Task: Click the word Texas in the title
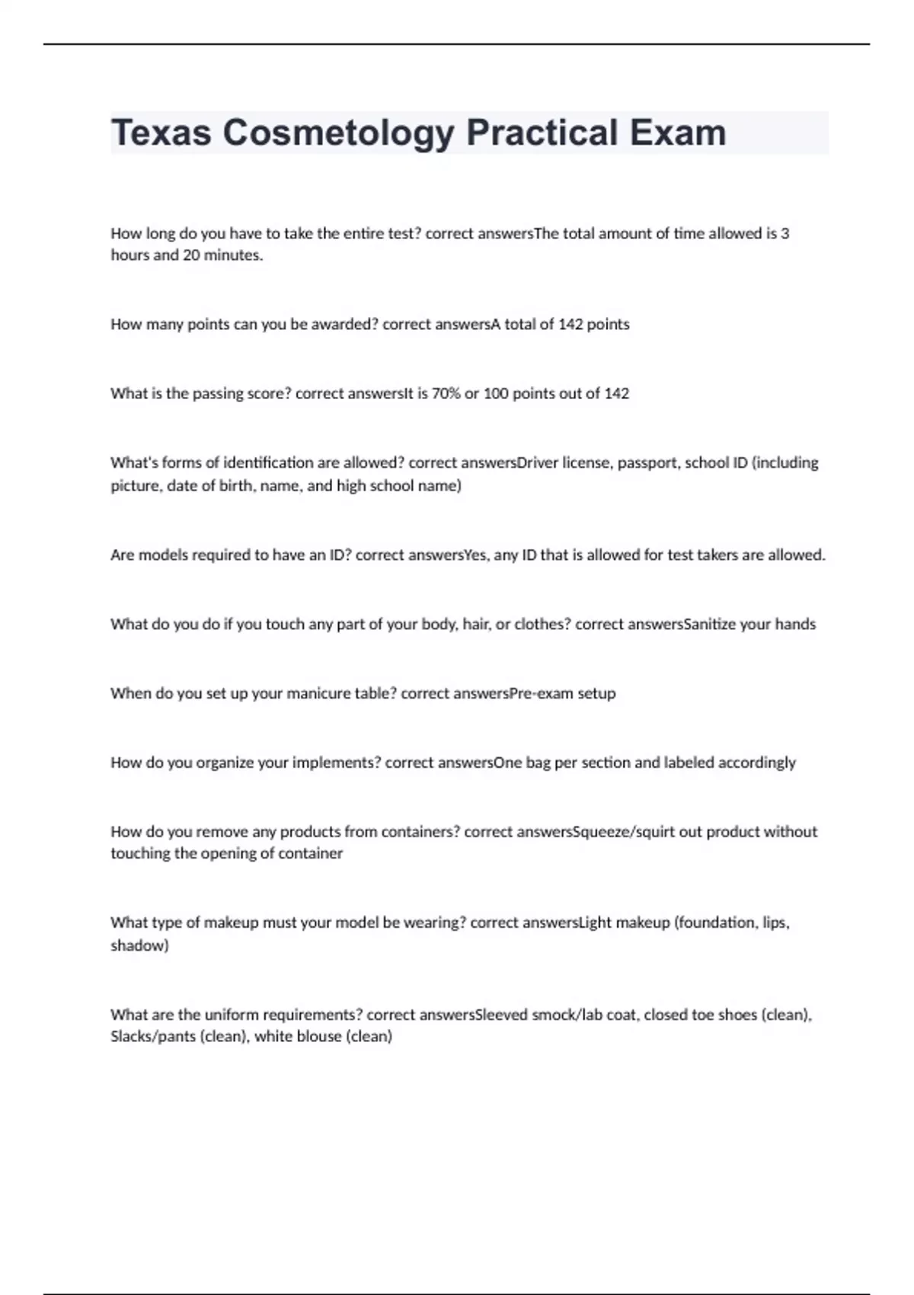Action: [x=161, y=133]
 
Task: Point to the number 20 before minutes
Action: [x=191, y=255]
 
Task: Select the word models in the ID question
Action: [x=162, y=555]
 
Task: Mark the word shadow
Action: [x=139, y=946]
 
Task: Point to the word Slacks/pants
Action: [x=153, y=1037]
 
